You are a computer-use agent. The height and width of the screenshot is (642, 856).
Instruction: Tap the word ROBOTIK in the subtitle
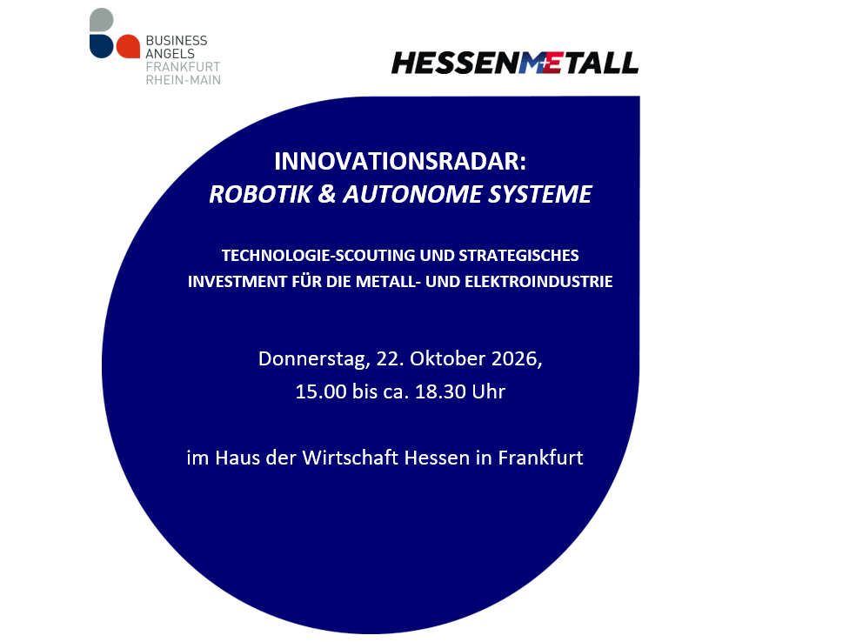point(260,194)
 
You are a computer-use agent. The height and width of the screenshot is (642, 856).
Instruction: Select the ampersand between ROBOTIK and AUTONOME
point(326,194)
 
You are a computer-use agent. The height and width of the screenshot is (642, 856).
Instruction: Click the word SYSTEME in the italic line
point(539,194)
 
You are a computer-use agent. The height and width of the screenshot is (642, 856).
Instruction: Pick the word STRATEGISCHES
point(518,256)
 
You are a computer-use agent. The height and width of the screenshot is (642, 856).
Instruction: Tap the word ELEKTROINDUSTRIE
point(538,282)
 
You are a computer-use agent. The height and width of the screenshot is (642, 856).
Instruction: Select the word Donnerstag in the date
point(314,359)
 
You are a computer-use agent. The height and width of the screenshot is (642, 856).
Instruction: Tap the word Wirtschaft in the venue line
point(351,458)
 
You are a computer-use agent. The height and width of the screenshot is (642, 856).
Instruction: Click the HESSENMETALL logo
point(515,63)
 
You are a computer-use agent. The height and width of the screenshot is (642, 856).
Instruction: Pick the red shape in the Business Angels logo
point(128,46)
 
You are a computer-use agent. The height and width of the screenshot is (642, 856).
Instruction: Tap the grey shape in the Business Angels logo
point(102,20)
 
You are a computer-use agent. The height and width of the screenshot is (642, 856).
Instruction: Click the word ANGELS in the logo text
point(170,54)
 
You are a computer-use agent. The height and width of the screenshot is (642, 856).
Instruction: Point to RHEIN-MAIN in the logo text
point(184,80)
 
